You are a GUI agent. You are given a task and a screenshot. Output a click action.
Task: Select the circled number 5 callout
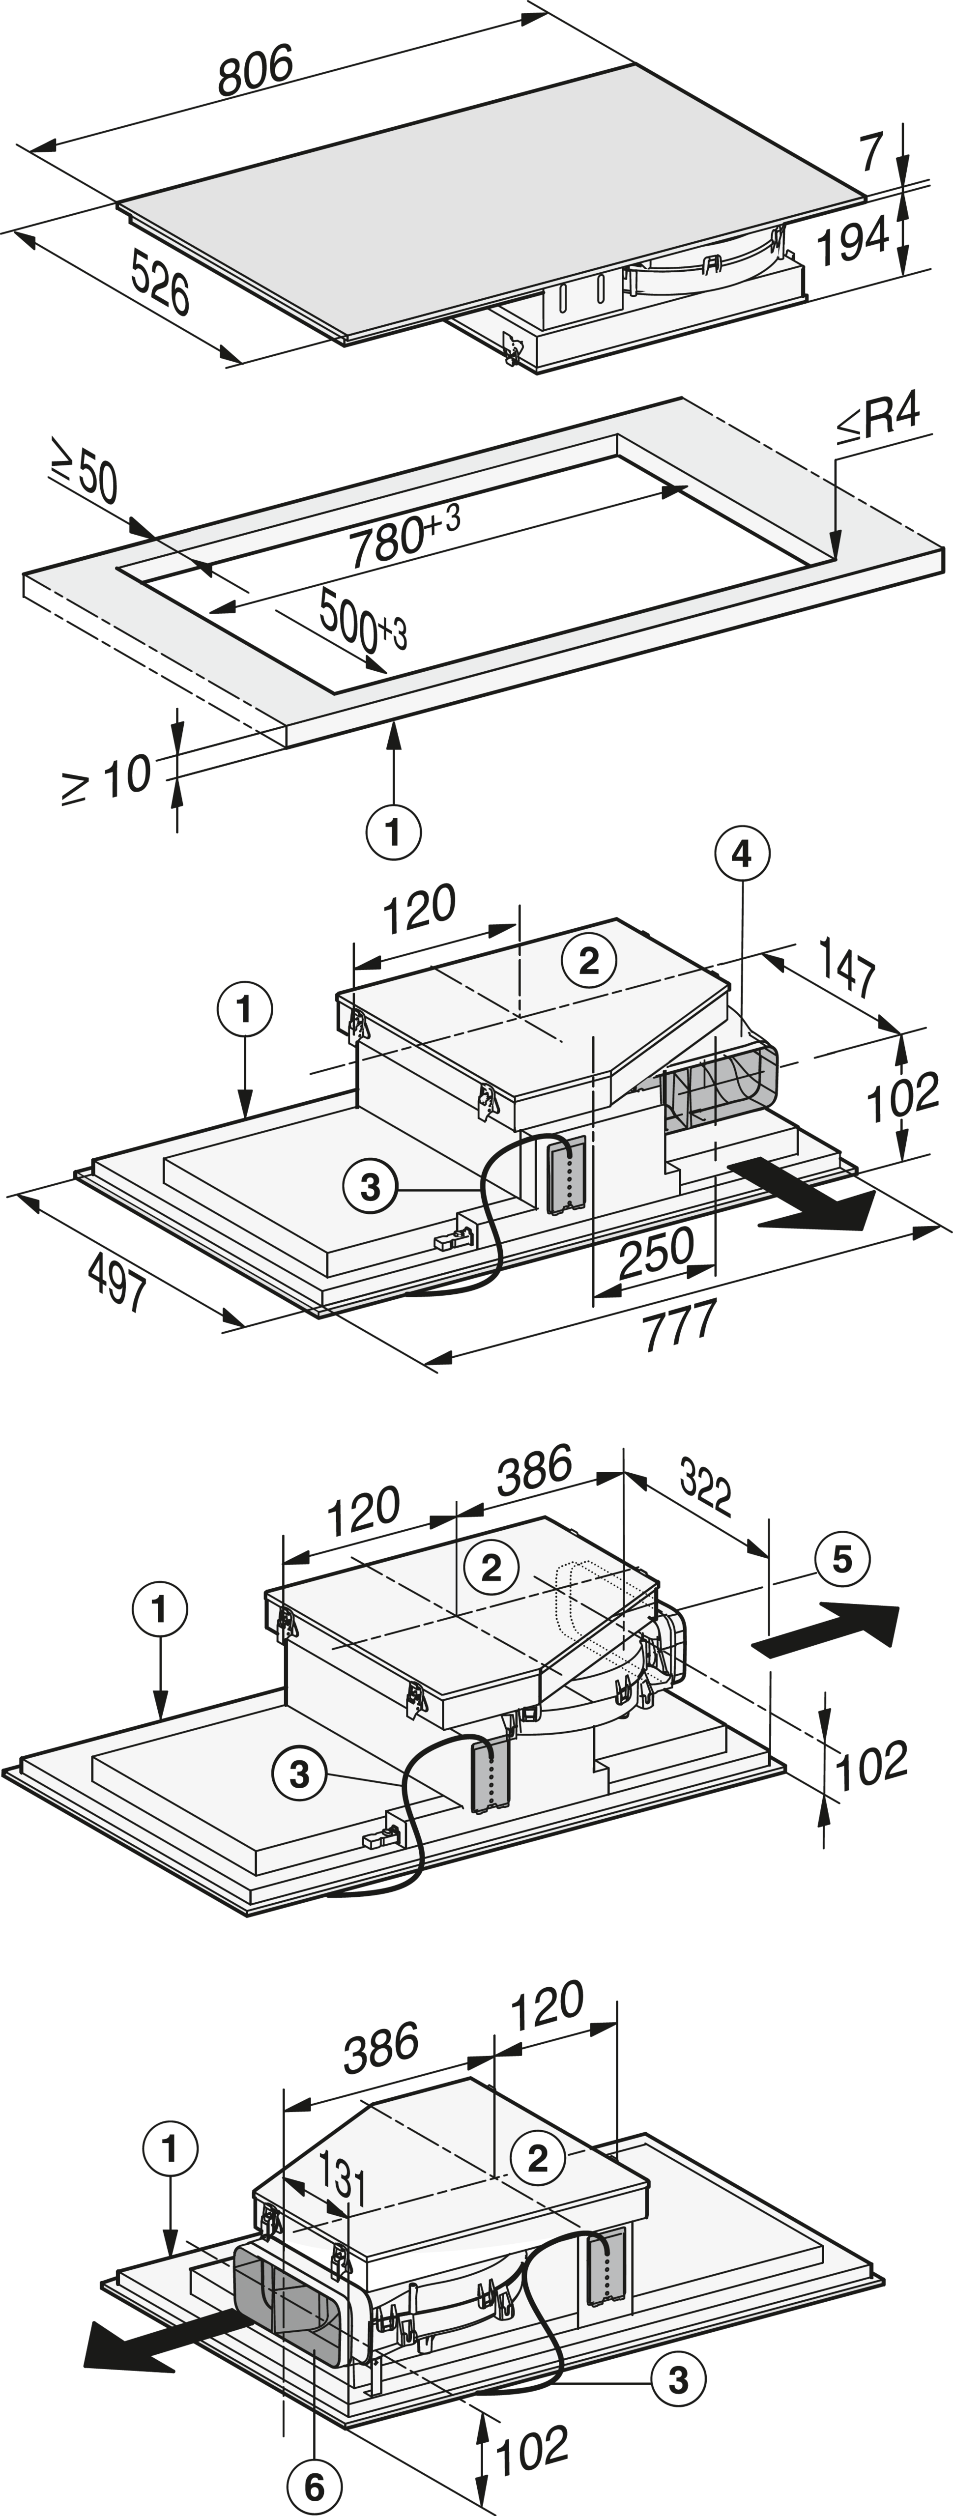click(842, 1559)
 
